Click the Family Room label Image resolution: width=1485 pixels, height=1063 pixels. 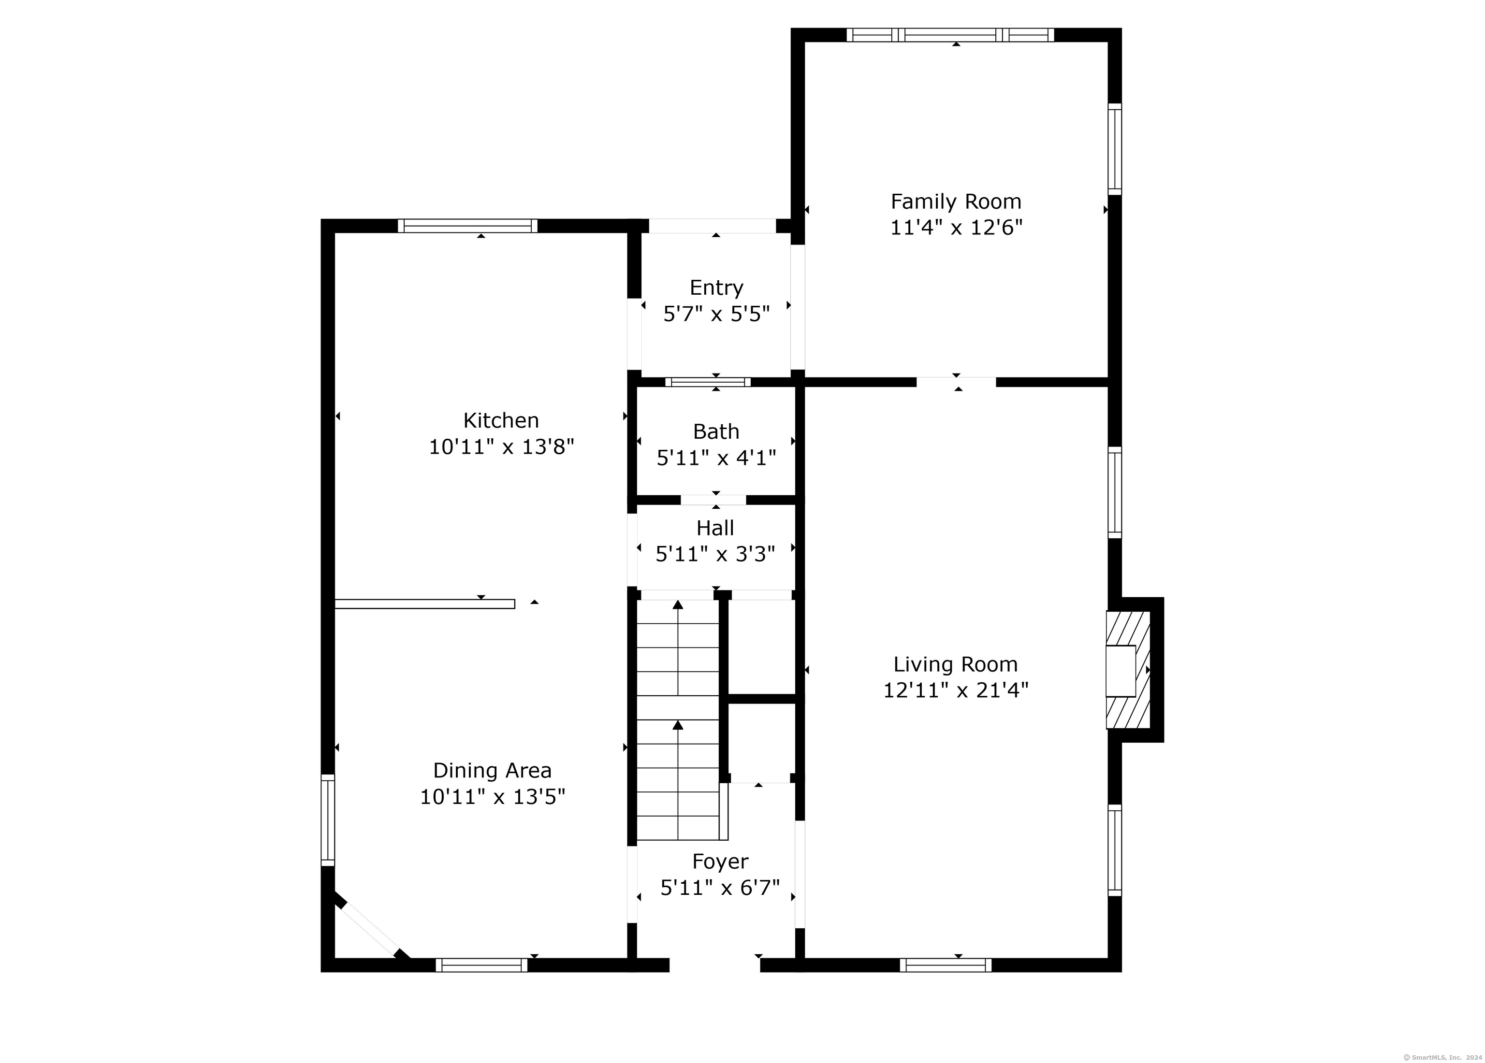tap(956, 201)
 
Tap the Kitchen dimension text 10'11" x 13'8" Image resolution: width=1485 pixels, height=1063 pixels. tap(502, 447)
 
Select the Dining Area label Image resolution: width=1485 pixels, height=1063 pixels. tap(493, 770)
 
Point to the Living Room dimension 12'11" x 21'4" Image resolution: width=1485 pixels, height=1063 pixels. tap(956, 690)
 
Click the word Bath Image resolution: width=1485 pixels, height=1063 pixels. tap(716, 432)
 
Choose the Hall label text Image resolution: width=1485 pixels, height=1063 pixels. tap(715, 528)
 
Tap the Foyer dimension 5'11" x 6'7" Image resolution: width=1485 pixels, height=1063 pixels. tap(720, 888)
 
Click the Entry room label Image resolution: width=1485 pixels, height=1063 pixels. tap(716, 288)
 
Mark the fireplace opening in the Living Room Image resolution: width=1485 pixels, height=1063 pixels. tap(1121, 671)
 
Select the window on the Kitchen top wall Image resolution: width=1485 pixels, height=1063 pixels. tap(467, 226)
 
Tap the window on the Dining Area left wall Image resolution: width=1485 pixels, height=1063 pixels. tap(327, 820)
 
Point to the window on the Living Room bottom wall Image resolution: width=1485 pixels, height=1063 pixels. tap(946, 965)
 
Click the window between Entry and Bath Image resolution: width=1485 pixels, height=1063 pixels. tap(708, 382)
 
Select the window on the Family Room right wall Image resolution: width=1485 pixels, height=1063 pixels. tap(1114, 149)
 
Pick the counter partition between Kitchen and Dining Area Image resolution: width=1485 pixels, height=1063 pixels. tap(424, 604)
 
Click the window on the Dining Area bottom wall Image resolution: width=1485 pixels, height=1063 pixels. tap(481, 965)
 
